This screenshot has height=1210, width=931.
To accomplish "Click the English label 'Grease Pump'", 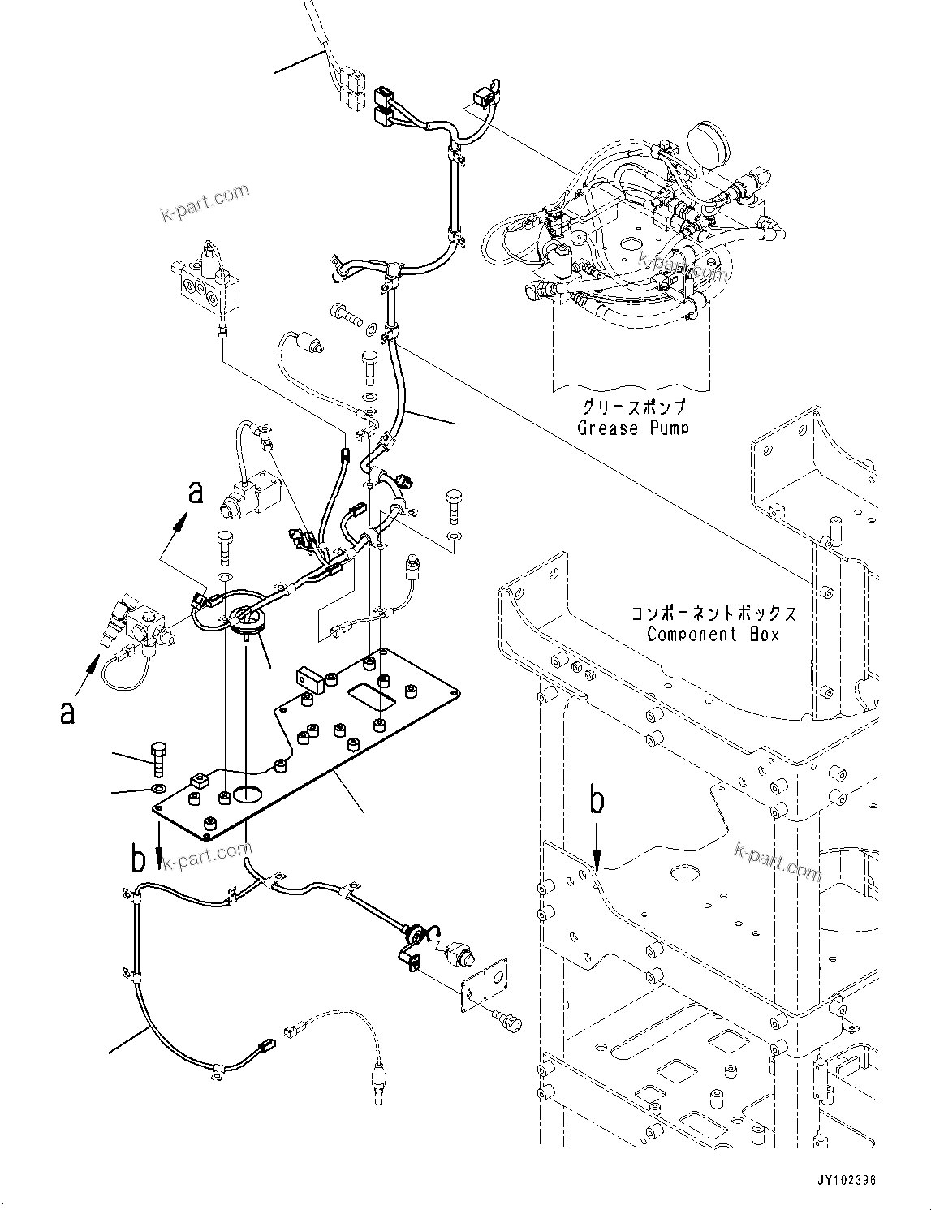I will click(x=631, y=428).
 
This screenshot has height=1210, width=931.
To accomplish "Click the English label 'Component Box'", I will click(x=713, y=634).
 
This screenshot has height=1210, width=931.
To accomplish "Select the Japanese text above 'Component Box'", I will click(x=713, y=613).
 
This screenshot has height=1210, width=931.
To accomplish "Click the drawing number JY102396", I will click(x=842, y=1181).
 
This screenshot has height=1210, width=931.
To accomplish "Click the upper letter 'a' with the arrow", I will click(x=195, y=492).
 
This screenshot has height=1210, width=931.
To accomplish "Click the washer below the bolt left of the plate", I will click(x=157, y=789).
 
